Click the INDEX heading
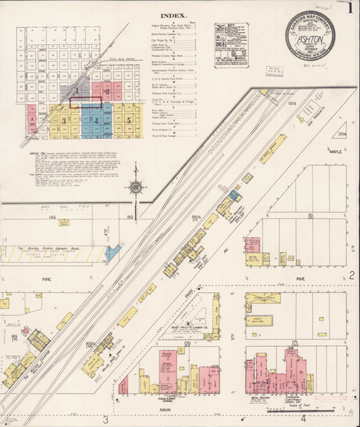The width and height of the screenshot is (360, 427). point(174,15)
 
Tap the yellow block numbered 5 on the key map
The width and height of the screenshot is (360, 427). point(129,120)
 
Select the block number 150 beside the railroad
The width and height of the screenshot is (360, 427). point(130,216)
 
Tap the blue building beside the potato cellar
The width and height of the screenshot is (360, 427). point(110,251)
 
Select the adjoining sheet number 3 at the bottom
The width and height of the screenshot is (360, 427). point(105,418)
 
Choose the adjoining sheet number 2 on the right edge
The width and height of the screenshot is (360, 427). point(351,275)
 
